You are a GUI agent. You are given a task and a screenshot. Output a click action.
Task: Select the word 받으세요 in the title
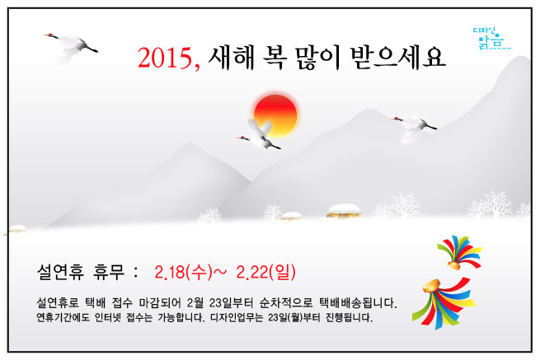point(397,58)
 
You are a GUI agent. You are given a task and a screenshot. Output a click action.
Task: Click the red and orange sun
point(275,115)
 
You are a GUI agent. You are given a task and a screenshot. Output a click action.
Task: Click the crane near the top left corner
point(71,47)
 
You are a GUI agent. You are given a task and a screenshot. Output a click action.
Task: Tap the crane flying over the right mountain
point(413,127)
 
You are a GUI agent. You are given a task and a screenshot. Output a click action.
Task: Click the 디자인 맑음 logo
point(491,39)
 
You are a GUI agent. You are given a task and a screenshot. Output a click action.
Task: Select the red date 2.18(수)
point(183,272)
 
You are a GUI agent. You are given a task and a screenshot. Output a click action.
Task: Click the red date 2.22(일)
point(265,272)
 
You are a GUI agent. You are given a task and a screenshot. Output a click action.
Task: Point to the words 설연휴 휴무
point(80,272)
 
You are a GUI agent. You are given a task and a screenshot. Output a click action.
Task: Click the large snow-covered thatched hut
point(344,211)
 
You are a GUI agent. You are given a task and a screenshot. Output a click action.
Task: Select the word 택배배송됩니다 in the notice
point(358,302)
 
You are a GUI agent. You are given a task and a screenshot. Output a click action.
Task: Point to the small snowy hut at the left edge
point(16,229)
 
